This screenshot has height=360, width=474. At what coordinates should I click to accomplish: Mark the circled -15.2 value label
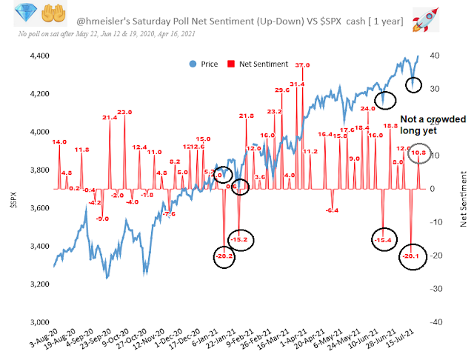pos(240,239)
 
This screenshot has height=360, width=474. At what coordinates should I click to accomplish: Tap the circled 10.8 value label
pos(418,153)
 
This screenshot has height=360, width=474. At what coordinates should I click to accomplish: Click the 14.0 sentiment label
pos(59,141)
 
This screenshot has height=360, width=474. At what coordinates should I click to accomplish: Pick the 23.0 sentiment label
pos(124,112)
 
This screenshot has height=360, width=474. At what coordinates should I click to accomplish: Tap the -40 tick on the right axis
pos(437,322)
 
